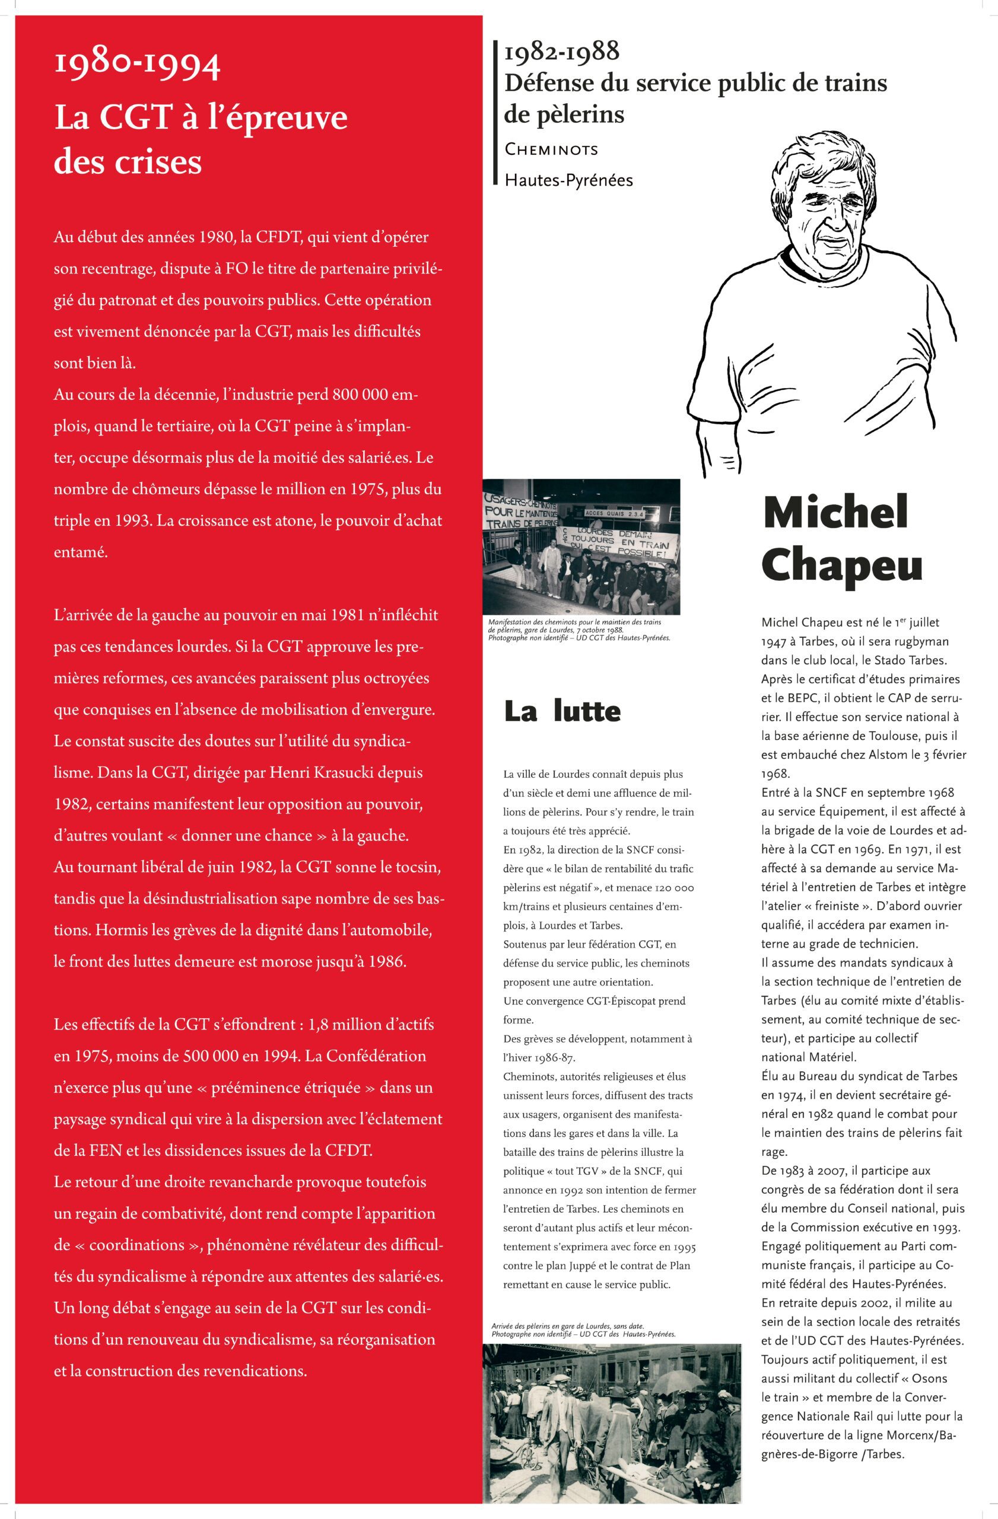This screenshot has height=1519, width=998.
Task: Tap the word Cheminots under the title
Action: point(551,150)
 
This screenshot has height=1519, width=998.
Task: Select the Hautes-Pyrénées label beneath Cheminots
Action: point(568,180)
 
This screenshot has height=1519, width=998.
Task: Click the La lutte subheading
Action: point(561,711)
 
